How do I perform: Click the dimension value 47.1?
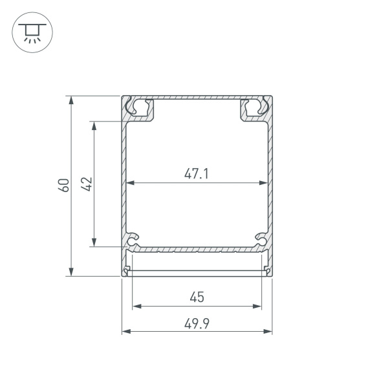[x=197, y=173]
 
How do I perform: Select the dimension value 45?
[x=197, y=297]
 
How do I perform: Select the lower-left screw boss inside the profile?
[x=133, y=241]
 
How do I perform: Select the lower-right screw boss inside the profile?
[x=261, y=241]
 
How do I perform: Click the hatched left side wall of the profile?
[x=124, y=188]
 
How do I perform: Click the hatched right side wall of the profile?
[x=270, y=188]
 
